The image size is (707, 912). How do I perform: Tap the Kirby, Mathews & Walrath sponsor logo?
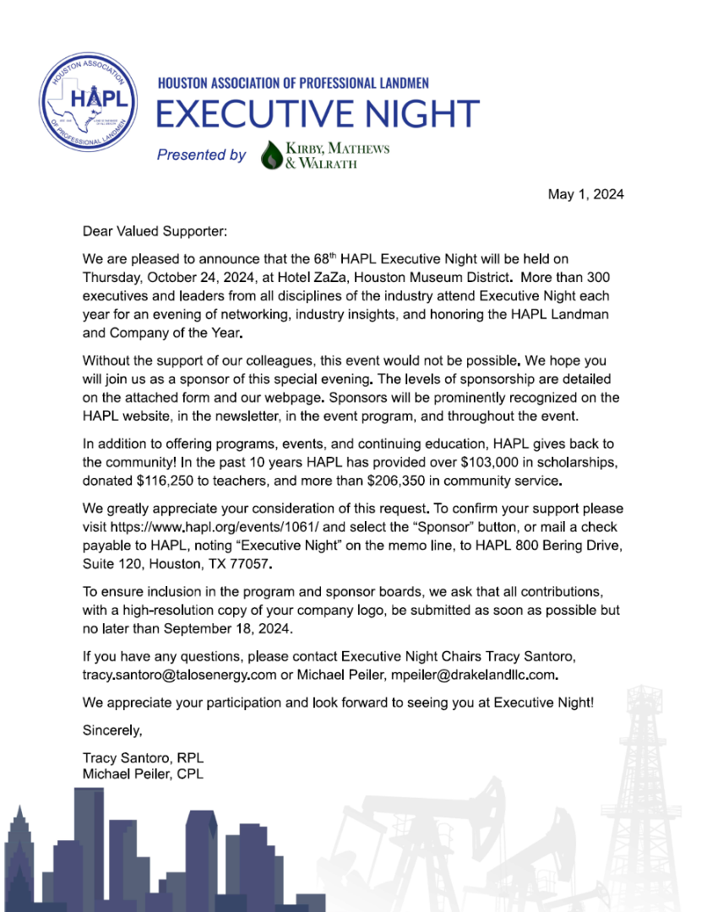point(325,155)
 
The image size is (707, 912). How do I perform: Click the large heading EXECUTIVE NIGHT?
point(318,114)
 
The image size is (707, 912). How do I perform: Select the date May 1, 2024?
point(585,194)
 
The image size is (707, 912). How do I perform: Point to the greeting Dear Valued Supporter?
point(155,230)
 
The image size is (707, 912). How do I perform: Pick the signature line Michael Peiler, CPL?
point(143,774)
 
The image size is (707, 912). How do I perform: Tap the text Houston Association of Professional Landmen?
point(293,83)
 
